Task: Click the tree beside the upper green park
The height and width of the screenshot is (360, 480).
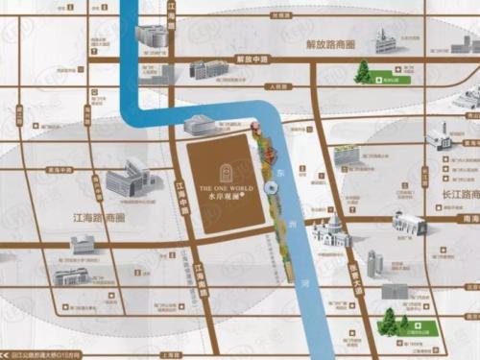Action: (x=362, y=72)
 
